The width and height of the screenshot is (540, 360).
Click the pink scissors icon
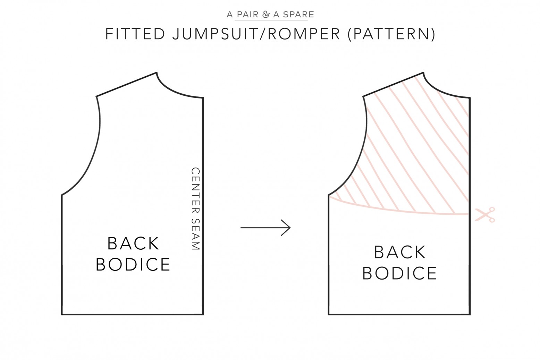point(485,215)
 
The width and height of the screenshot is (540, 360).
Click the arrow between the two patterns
point(265,228)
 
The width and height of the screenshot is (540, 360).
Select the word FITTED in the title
point(135,34)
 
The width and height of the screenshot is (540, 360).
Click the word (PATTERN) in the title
point(391,34)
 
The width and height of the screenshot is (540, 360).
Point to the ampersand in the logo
point(266,15)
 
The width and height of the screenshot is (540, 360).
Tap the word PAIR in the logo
point(248,15)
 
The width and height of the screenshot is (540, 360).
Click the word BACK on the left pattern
point(133,243)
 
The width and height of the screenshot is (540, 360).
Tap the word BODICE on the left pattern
point(133,265)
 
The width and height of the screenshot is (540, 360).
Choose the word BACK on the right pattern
point(400,252)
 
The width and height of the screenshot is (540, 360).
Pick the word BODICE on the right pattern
point(400,274)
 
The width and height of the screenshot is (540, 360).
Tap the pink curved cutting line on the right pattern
point(399,209)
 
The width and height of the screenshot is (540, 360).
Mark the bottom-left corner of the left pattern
point(62,315)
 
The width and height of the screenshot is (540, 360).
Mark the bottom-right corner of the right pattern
point(470,315)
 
